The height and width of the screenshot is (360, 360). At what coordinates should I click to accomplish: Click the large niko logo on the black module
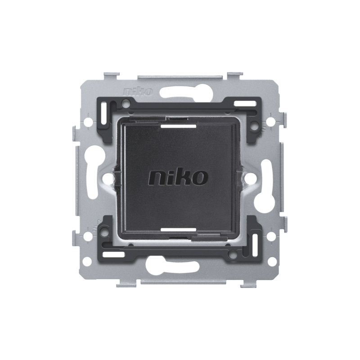pos(178,177)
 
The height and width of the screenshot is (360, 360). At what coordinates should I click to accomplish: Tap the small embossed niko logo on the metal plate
pos(138,92)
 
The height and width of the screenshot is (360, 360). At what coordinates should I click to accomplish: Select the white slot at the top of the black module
pos(178,126)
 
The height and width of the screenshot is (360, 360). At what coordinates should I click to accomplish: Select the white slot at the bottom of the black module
pos(178,229)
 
